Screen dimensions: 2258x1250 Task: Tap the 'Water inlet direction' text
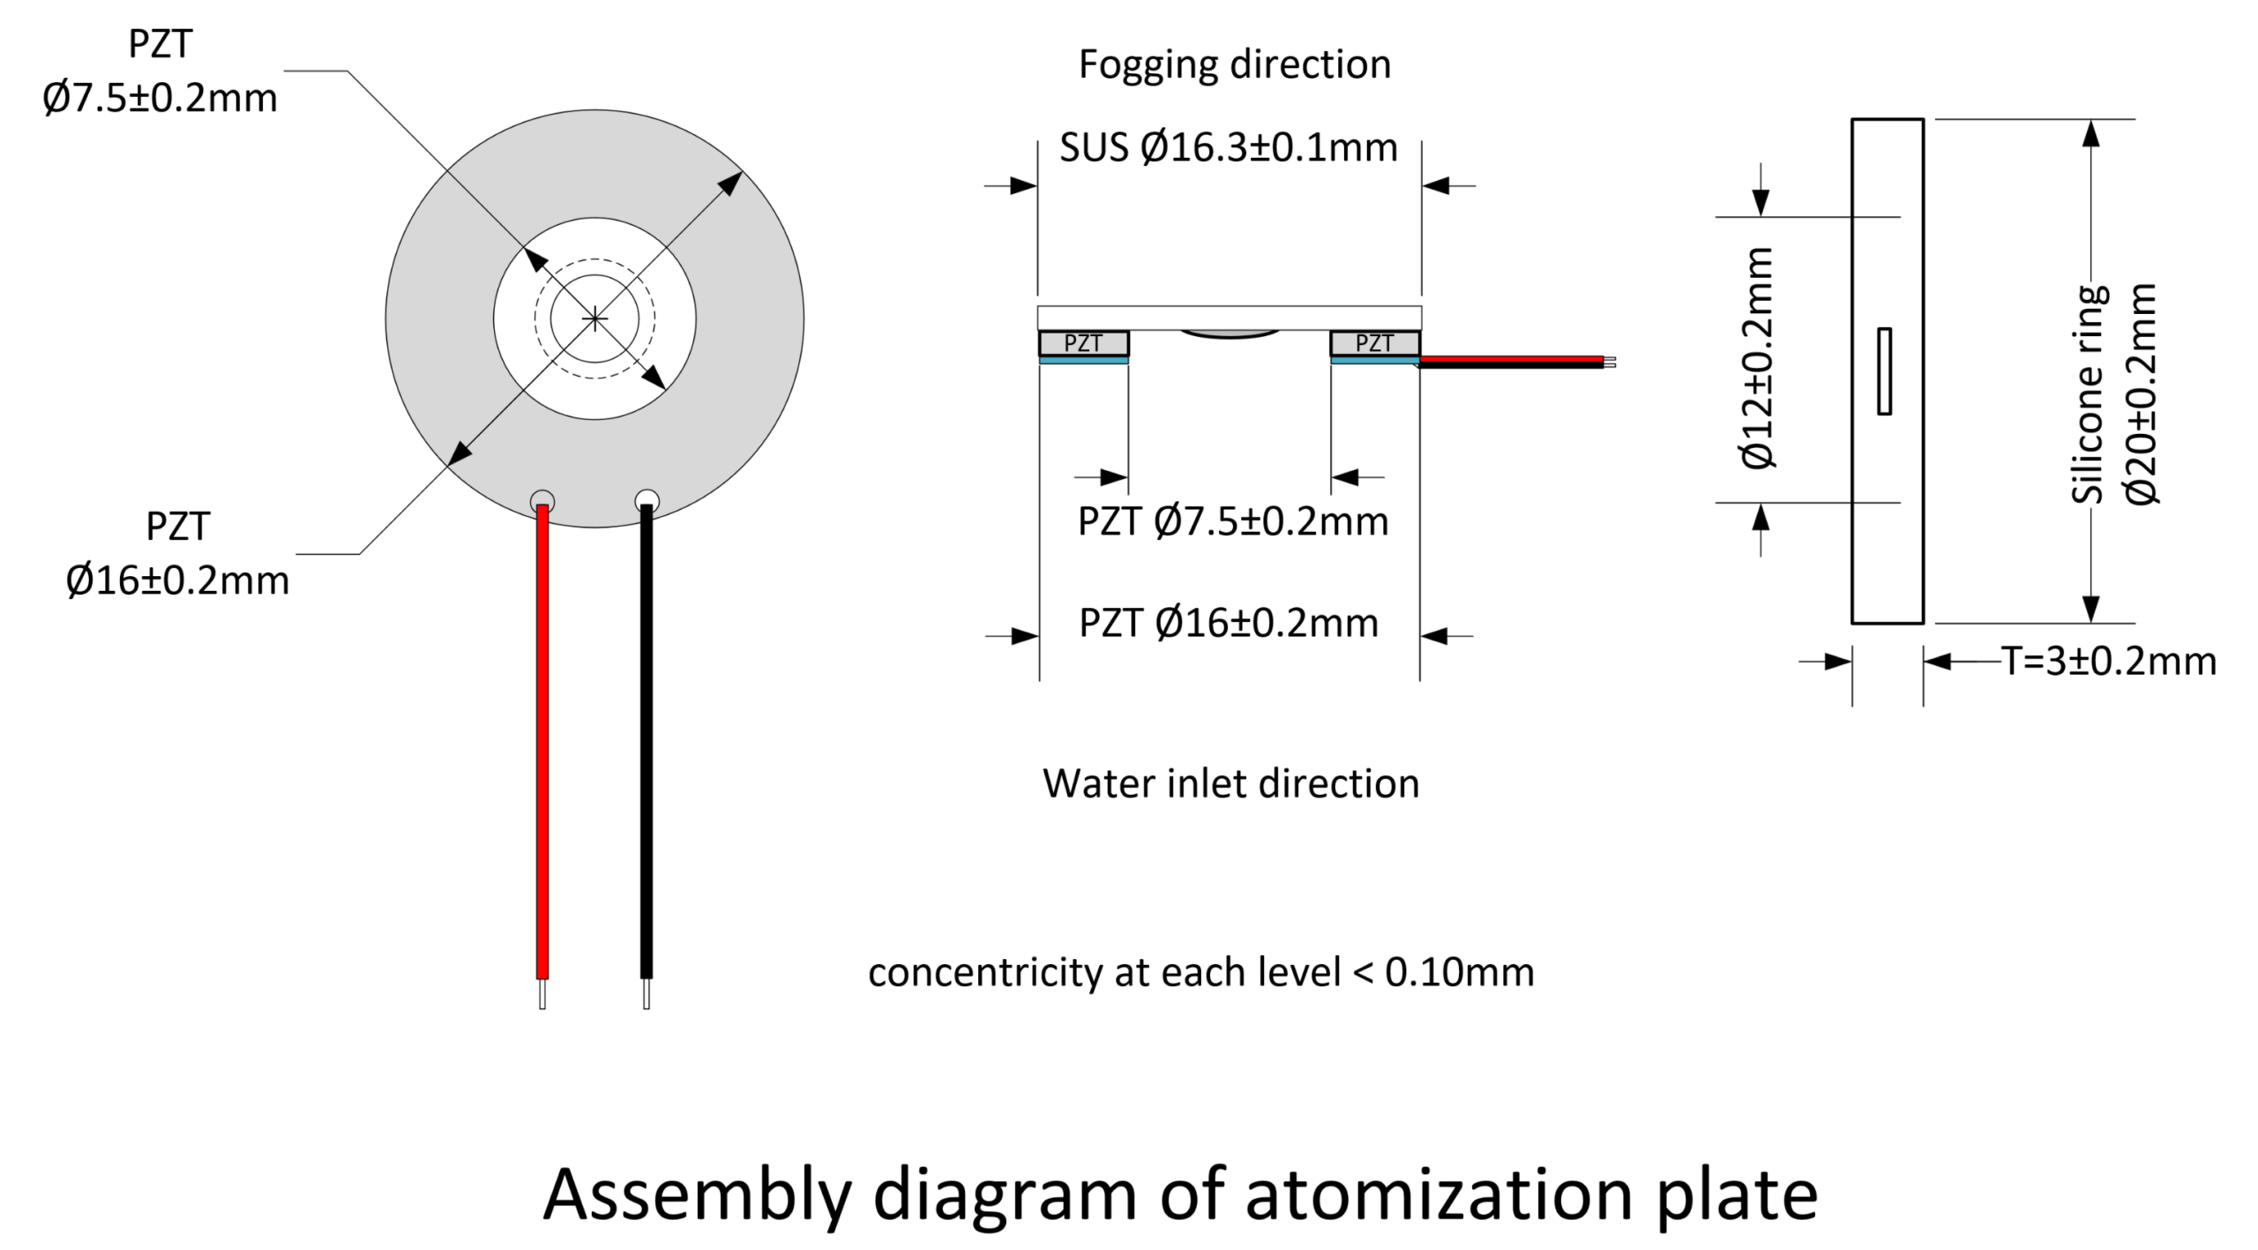pos(1230,783)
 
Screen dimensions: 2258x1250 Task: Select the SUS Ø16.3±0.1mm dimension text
pos(1228,148)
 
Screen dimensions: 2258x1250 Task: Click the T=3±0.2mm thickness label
pos(2109,661)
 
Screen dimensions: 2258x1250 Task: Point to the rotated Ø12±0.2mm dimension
pos(1758,357)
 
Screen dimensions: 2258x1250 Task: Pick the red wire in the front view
pos(542,742)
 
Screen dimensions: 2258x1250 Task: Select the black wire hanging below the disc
pos(647,742)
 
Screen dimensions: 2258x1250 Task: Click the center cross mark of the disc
pos(595,318)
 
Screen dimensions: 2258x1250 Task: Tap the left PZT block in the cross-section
pos(1083,343)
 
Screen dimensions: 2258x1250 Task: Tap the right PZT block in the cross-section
pos(1375,343)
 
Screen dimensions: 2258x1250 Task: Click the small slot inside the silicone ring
pos(1884,371)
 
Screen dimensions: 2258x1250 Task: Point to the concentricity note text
pos(1200,972)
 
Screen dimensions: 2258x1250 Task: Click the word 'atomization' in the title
pos(1439,1194)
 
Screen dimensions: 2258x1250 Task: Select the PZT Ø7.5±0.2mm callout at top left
pos(160,71)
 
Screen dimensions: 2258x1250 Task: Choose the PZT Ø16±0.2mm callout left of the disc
pos(177,554)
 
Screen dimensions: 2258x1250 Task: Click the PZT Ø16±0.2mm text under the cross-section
pos(1229,624)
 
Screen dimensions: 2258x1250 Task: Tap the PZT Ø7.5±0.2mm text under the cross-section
pos(1233,522)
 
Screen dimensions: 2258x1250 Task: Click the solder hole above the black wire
pos(647,499)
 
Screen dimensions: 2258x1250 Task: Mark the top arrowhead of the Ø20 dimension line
pos(2090,133)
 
